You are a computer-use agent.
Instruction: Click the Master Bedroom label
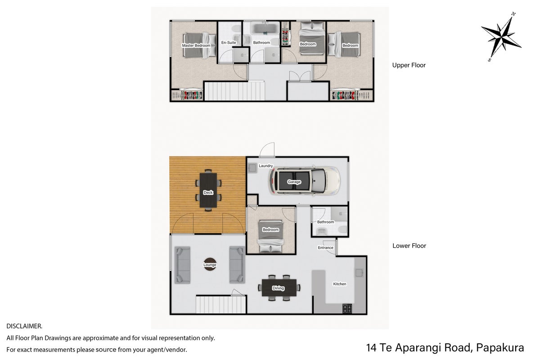click(x=196, y=45)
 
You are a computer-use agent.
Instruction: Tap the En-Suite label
click(x=229, y=42)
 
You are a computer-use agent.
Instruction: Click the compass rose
click(x=501, y=36)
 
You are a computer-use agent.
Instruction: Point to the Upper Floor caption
click(x=409, y=65)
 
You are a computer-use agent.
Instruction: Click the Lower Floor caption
click(x=409, y=246)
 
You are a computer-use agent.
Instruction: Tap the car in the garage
click(x=305, y=181)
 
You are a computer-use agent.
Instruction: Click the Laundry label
click(x=265, y=166)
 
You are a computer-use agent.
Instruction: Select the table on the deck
click(x=208, y=190)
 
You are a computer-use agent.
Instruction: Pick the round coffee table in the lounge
click(x=210, y=264)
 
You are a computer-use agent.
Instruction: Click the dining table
click(x=279, y=288)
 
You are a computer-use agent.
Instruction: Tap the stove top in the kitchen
click(x=347, y=309)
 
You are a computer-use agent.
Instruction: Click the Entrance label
click(x=325, y=247)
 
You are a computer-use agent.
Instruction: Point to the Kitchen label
click(x=340, y=284)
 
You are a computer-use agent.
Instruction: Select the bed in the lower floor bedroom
click(x=270, y=236)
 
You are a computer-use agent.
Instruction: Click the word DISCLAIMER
click(x=24, y=326)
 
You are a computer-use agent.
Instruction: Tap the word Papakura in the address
click(x=500, y=348)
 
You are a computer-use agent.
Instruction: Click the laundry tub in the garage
click(x=252, y=168)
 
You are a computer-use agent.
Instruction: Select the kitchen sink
click(x=359, y=273)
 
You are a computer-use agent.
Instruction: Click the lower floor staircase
click(x=220, y=305)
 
